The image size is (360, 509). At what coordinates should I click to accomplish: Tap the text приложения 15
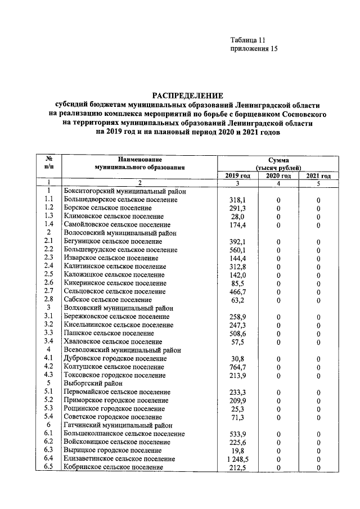(x=254, y=49)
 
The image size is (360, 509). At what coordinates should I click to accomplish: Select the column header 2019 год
(x=237, y=175)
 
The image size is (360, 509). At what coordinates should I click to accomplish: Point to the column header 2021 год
(x=318, y=175)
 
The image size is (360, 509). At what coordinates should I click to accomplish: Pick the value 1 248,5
(x=236, y=459)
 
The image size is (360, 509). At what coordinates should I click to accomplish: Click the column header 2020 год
(x=278, y=175)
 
